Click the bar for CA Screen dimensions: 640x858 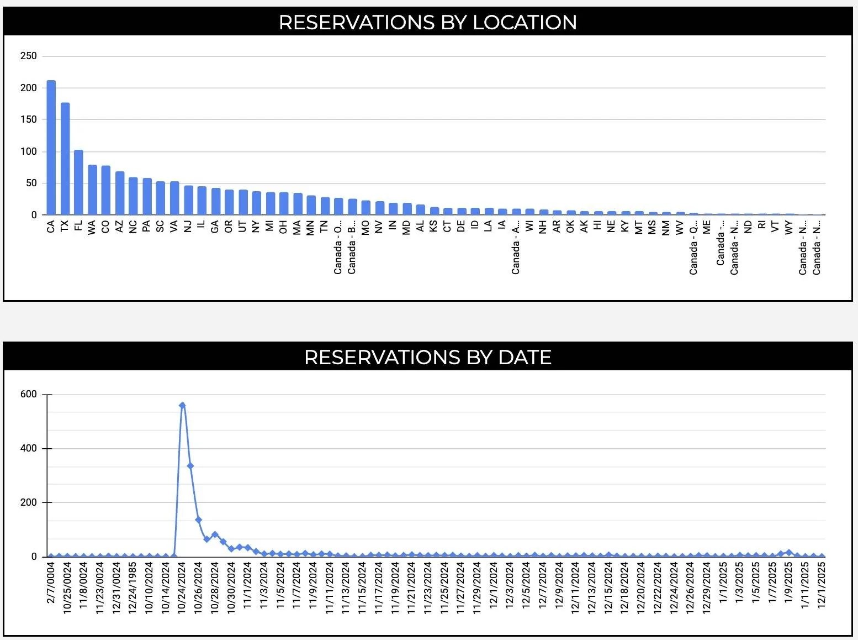click(51, 148)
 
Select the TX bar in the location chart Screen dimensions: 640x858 click(65, 159)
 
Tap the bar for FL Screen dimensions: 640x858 click(78, 182)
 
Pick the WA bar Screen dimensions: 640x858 click(92, 190)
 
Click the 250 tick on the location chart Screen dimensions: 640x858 click(28, 56)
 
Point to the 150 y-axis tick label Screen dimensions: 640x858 click(28, 119)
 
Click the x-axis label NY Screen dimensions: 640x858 click(256, 227)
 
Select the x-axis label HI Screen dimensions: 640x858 click(597, 225)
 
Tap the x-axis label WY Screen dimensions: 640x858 click(789, 227)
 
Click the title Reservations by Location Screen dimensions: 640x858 click(428, 22)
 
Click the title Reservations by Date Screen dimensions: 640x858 click(428, 357)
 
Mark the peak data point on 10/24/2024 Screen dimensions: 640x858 click(182, 405)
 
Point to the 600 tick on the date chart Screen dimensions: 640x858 click(28, 394)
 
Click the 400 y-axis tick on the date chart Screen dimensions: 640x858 click(28, 448)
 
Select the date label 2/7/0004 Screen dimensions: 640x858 click(51, 583)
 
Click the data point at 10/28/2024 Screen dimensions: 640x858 click(215, 534)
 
